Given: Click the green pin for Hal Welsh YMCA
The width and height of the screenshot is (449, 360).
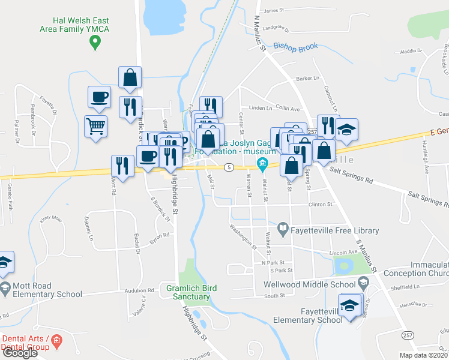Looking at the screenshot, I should [94, 42].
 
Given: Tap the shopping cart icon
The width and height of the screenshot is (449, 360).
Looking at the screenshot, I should [96, 127].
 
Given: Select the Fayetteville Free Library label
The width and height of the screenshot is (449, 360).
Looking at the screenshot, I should [336, 230].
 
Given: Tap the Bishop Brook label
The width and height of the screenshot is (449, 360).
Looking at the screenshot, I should [295, 46].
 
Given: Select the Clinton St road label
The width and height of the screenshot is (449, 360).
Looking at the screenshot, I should [321, 205].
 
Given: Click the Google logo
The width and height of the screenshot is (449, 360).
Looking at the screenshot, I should [20, 353].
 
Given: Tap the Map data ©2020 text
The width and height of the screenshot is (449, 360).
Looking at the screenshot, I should [423, 355].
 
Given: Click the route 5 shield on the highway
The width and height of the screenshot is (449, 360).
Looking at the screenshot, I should [229, 167].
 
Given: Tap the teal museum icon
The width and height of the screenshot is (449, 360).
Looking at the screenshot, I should [262, 163].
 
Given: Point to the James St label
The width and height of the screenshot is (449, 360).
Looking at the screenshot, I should [273, 10].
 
